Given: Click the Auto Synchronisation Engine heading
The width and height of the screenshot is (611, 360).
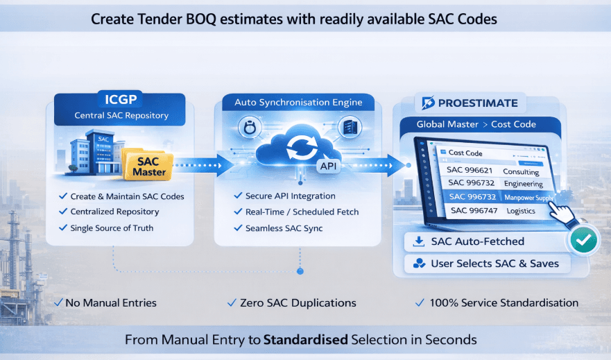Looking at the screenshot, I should pos(298,103).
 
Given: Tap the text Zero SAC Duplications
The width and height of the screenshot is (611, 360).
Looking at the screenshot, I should pos(298,302).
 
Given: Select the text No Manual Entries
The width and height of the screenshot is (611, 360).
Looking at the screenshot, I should pos(110,302).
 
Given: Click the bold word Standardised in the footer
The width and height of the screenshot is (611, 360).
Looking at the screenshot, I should pos(306,340).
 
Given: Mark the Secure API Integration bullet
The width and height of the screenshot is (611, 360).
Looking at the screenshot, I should pos(290,196).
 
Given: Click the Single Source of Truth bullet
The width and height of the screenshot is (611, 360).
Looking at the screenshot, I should pos(112,228).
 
